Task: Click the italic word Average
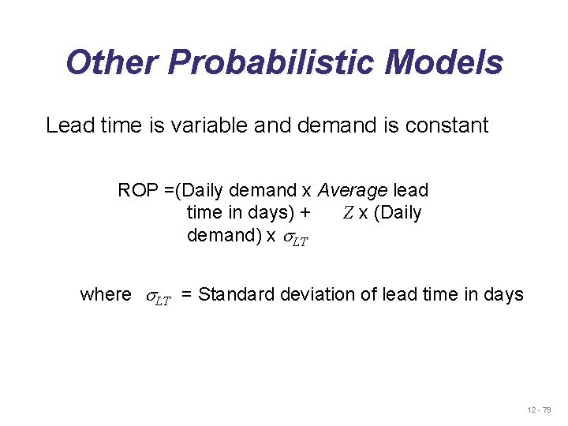(353, 191)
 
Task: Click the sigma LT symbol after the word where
(157, 297)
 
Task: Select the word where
(106, 295)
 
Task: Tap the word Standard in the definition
(233, 295)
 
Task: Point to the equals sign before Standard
(188, 296)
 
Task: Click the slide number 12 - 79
(540, 410)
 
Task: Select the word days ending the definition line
(504, 296)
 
